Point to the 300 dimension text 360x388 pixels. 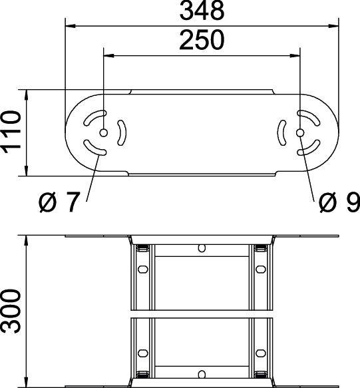tap(11, 311)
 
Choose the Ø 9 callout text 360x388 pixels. tap(338, 202)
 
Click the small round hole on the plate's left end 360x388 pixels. tap(103, 133)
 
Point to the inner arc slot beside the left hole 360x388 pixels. tap(120, 133)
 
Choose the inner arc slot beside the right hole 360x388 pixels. tap(282, 133)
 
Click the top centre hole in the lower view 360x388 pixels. tap(201, 249)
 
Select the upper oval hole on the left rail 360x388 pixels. tap(141, 270)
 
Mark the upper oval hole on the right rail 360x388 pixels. tap(260, 270)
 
